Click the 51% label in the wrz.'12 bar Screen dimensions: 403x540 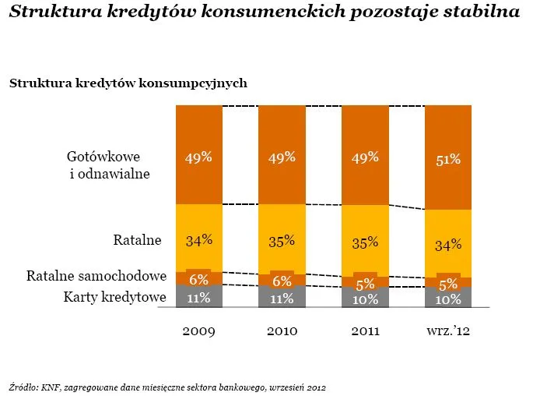coord(448,160)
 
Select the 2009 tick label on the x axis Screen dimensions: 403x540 coord(198,331)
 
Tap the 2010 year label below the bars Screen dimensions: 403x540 coord(282,331)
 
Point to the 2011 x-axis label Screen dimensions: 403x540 coord(364,331)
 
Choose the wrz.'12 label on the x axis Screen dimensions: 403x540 coord(448,331)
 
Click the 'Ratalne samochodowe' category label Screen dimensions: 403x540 coord(97,276)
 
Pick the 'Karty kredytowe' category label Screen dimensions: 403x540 coord(114,296)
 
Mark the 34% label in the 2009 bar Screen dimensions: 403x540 coord(198,240)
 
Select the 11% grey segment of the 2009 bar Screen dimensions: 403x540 coord(198,297)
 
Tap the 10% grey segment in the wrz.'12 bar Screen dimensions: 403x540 coord(448,299)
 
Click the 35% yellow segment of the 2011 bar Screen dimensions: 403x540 coord(364,242)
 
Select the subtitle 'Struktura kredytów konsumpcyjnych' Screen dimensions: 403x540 coord(128,83)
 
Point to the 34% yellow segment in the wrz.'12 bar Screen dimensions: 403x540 coord(448,245)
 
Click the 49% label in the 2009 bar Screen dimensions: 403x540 coord(198,157)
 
